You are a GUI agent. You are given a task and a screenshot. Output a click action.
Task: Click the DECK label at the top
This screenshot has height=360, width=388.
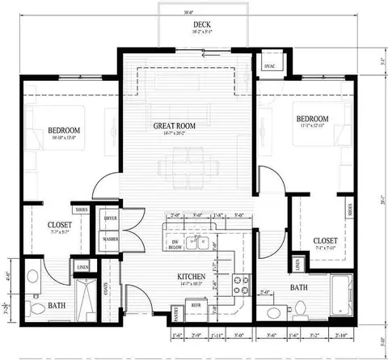pos(192,26)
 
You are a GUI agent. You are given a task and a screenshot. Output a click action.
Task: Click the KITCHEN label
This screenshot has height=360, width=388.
pos(194,277)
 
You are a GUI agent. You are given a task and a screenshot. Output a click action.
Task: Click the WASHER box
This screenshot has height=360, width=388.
pos(111,239)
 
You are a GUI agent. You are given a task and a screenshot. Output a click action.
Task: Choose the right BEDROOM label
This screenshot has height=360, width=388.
pos(312,118)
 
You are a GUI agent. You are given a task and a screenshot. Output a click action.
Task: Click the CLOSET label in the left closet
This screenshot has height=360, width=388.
pos(60,224)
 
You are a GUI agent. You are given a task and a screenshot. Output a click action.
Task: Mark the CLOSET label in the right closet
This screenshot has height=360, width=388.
pos(325,240)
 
